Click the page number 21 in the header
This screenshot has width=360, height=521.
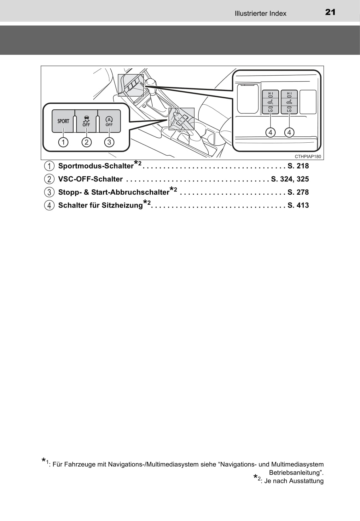tap(330, 12)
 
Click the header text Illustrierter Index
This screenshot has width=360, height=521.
tap(260, 14)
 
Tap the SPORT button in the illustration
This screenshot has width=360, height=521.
tap(63, 121)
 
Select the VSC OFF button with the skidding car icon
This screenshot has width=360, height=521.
tap(86, 121)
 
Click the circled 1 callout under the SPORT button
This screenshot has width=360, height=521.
tap(63, 142)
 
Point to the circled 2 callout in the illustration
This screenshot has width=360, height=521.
tap(87, 142)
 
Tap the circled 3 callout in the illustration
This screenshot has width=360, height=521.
tap(109, 142)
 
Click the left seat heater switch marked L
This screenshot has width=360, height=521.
tap(270, 102)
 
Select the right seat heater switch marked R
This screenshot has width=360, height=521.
tap(289, 102)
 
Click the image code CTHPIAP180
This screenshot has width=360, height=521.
tap(308, 157)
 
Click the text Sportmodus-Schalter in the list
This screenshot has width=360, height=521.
tap(96, 166)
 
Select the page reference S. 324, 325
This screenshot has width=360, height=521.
tap(290, 179)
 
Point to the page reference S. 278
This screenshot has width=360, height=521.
tap(298, 192)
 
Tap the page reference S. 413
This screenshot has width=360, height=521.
tap(298, 205)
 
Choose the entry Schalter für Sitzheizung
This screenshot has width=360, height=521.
tap(100, 205)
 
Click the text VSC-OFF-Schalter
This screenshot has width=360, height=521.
tap(90, 179)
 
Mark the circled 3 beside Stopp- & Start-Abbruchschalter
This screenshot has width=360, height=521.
tap(49, 192)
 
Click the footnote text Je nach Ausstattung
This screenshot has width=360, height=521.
tap(294, 481)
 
